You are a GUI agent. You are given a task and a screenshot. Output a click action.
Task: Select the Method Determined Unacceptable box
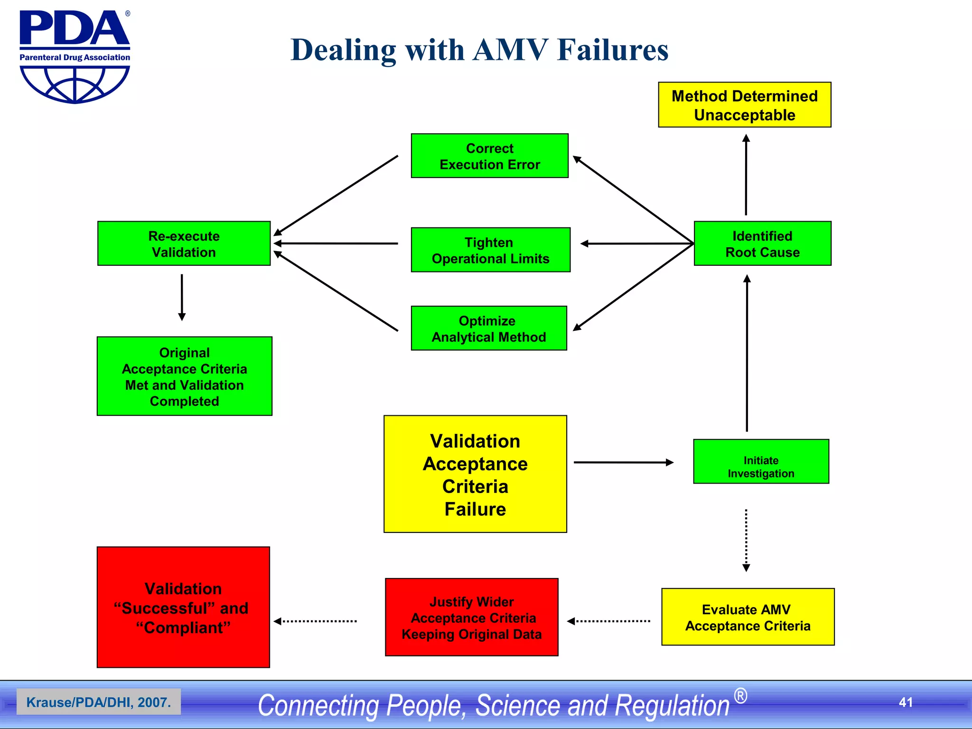click(744, 105)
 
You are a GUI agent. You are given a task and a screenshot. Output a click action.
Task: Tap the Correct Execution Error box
click(489, 156)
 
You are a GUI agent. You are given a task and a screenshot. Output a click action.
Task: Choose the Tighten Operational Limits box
click(490, 250)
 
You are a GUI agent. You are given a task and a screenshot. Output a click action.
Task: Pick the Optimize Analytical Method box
click(489, 328)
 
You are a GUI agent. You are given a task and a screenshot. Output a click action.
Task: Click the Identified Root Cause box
click(762, 244)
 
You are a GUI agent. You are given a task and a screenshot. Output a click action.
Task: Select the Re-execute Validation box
click(184, 244)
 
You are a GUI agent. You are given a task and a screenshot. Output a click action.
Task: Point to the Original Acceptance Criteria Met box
click(184, 376)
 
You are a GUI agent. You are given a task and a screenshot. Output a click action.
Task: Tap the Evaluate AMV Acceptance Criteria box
click(748, 617)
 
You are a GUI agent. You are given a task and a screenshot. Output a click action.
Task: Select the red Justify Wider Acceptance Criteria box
click(471, 617)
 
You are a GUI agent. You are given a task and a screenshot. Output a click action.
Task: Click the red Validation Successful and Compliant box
click(183, 607)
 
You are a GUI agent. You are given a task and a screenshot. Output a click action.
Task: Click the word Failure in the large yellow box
click(475, 509)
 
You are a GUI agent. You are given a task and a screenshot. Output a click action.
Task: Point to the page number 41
click(906, 702)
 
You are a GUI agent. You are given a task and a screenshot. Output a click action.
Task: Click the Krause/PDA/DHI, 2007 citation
click(98, 702)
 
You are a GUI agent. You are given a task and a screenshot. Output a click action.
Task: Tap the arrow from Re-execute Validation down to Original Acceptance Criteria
click(182, 297)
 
